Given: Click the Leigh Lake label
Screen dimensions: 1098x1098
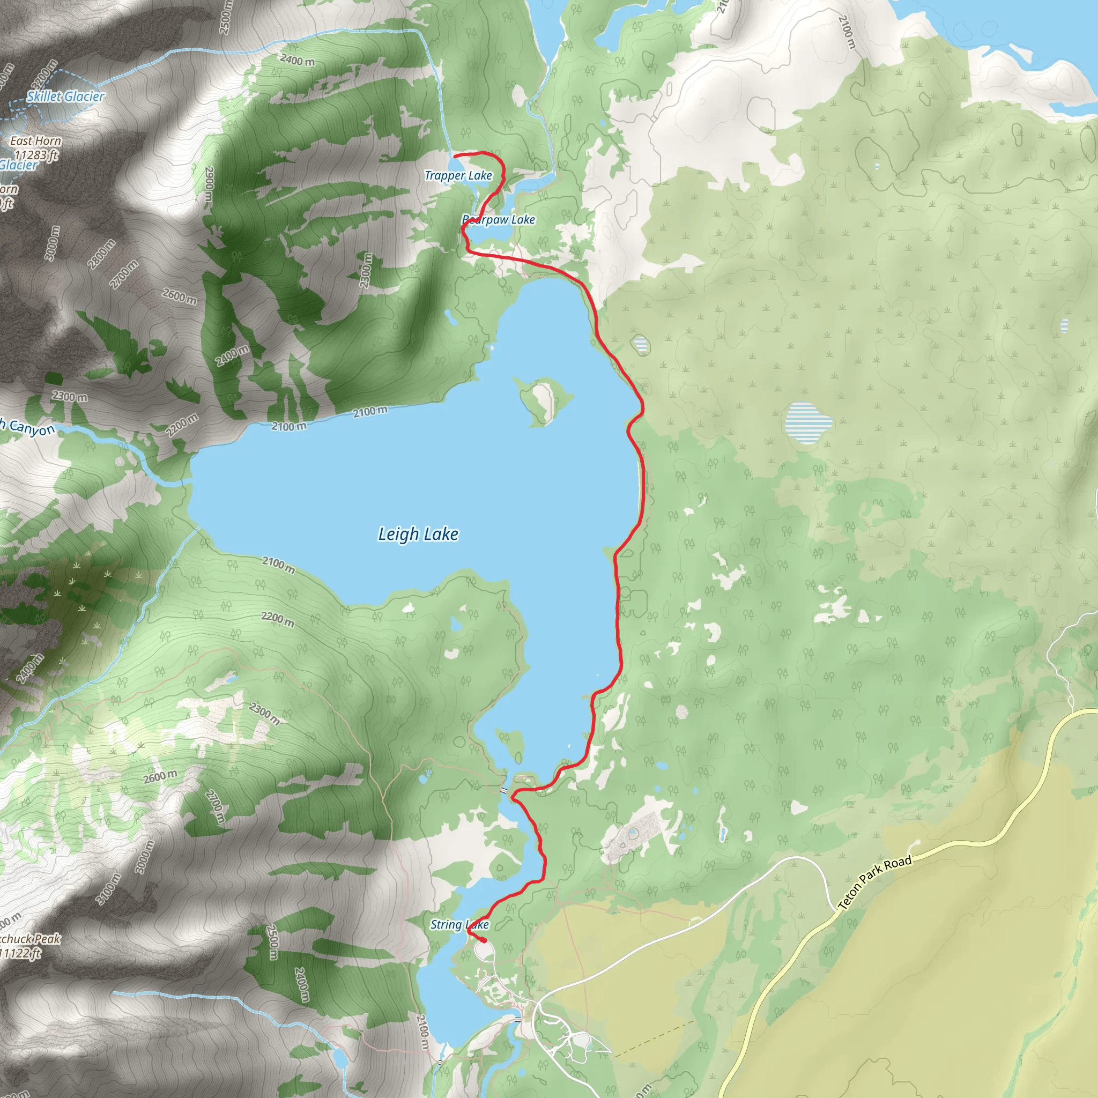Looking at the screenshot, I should [418, 534].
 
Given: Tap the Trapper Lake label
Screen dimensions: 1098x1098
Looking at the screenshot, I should [458, 176].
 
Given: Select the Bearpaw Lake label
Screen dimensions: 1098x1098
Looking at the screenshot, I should [499, 220].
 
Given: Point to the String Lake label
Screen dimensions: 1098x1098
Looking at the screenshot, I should [459, 925].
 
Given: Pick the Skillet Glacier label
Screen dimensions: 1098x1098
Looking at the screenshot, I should [66, 97].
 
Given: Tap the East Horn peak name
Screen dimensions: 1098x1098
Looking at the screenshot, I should [36, 141].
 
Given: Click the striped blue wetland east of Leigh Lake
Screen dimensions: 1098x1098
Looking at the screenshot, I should [808, 423].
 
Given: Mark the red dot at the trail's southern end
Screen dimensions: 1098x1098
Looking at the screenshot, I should [483, 940].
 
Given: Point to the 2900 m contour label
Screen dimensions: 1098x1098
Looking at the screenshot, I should [209, 183].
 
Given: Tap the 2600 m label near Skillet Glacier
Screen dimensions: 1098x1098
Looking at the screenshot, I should [180, 295].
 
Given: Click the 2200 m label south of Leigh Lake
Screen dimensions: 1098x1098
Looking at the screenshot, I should [278, 619].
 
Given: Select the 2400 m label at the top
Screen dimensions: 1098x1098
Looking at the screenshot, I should [297, 59].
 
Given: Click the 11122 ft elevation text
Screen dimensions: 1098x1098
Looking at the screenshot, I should [21, 953].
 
